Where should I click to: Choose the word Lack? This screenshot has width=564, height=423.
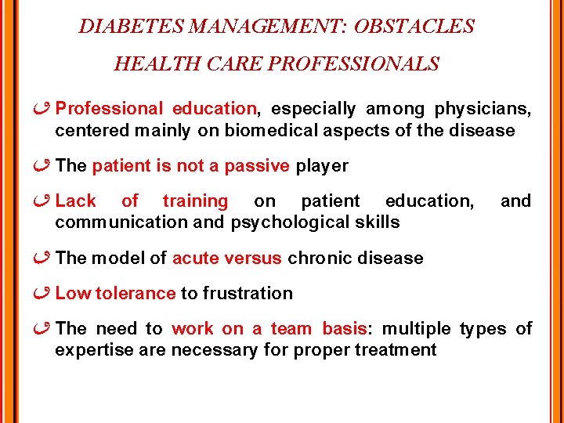pyautogui.click(x=76, y=201)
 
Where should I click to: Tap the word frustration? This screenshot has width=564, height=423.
pyautogui.click(x=248, y=294)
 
